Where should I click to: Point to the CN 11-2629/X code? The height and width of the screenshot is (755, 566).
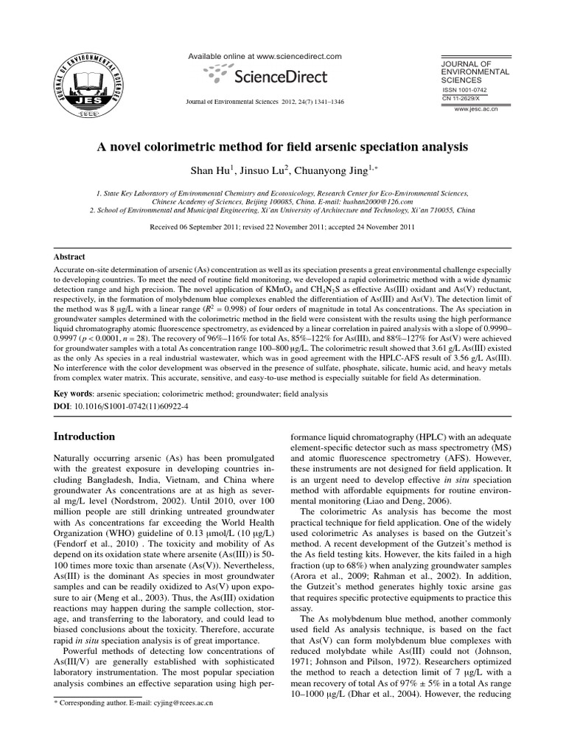(x=461, y=98)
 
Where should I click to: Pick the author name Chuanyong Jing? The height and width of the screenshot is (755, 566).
(x=346, y=172)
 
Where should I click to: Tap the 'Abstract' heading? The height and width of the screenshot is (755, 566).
(x=71, y=257)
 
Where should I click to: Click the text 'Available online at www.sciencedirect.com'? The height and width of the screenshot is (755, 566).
(x=266, y=56)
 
